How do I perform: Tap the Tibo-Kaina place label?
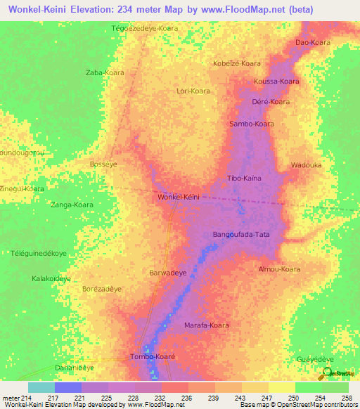(244, 178)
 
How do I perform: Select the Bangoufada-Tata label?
(241, 234)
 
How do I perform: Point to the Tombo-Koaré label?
(153, 357)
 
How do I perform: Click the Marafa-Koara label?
(207, 325)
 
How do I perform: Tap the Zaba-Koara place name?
(105, 72)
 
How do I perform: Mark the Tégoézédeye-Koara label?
(146, 28)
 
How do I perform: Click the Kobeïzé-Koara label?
(236, 63)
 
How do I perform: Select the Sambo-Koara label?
(252, 124)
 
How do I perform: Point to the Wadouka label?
(306, 165)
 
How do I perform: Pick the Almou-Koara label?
(279, 269)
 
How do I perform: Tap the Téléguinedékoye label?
(39, 253)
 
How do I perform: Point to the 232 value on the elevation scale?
(161, 397)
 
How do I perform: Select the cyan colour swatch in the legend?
(41, 387)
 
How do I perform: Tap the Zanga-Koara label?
(72, 204)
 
